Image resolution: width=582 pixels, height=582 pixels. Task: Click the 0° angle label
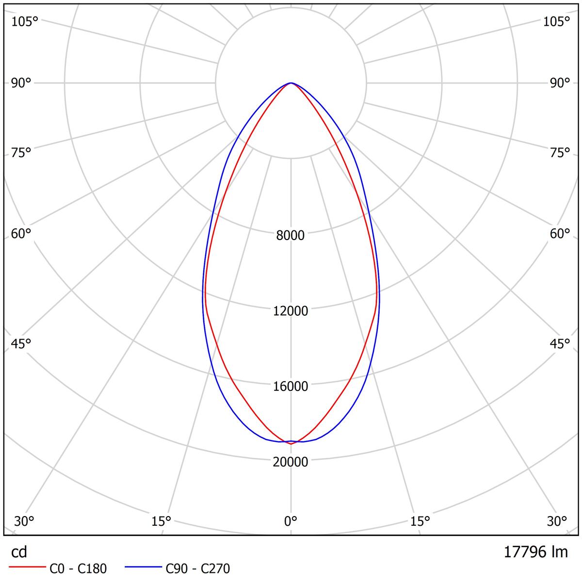291,521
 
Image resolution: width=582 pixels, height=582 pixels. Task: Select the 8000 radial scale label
291,235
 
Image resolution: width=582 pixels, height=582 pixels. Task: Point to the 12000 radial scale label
291,311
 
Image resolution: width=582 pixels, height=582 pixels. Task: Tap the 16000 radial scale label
291,387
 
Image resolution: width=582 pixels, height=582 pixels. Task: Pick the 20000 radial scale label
291,462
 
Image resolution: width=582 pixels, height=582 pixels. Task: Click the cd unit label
19,552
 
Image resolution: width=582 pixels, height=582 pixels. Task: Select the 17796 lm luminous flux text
535,552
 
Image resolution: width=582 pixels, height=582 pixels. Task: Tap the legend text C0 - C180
78,568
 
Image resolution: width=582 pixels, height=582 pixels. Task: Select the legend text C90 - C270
198,568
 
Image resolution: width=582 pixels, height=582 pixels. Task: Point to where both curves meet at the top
291,83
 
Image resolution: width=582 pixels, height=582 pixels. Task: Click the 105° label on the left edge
24,22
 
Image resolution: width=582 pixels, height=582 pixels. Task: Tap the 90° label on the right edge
560,83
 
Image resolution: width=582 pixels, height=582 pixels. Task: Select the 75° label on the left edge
21,153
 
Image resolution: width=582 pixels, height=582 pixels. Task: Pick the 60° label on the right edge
560,234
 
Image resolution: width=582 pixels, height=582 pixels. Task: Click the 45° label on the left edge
21,344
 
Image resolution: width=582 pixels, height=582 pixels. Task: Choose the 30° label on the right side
557,521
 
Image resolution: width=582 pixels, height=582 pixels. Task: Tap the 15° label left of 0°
162,521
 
